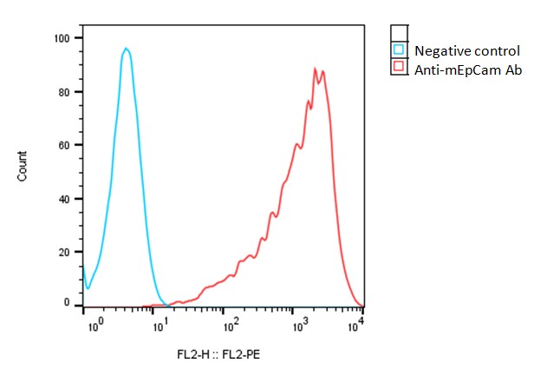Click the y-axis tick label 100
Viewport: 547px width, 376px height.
tap(62, 39)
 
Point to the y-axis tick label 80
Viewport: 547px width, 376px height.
tap(64, 92)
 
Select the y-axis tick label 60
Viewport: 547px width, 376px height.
tap(64, 145)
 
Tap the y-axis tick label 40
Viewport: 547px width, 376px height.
tap(64, 198)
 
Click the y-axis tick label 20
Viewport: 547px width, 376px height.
tap(64, 251)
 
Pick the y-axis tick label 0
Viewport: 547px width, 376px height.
tap(67, 303)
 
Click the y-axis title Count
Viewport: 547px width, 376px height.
tap(23, 166)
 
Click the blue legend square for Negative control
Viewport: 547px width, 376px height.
tap(399, 50)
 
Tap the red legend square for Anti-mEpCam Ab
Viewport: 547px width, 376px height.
tap(399, 67)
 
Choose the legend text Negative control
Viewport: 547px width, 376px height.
tap(466, 50)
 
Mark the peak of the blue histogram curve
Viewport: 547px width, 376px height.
tap(127, 49)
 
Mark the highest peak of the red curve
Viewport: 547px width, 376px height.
tap(316, 69)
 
